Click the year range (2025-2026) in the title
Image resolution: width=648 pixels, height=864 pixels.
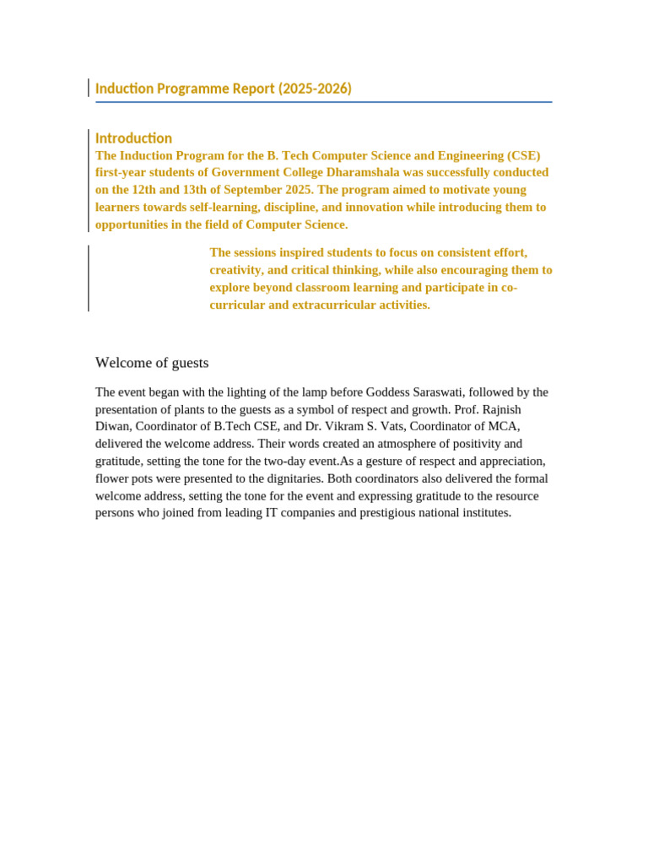pyautogui.click(x=315, y=89)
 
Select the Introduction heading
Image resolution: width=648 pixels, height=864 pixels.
pyautogui.click(x=133, y=138)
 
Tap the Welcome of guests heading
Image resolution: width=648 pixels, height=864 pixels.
pyautogui.click(x=152, y=363)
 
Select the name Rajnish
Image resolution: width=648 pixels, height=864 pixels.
pyautogui.click(x=501, y=409)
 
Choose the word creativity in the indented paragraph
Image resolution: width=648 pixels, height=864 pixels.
pyautogui.click(x=235, y=270)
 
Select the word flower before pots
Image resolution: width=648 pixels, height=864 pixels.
pyautogui.click(x=111, y=478)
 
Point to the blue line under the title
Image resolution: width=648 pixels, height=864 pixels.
pyautogui.click(x=324, y=102)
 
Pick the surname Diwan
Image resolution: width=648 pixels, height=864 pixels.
pyautogui.click(x=111, y=427)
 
